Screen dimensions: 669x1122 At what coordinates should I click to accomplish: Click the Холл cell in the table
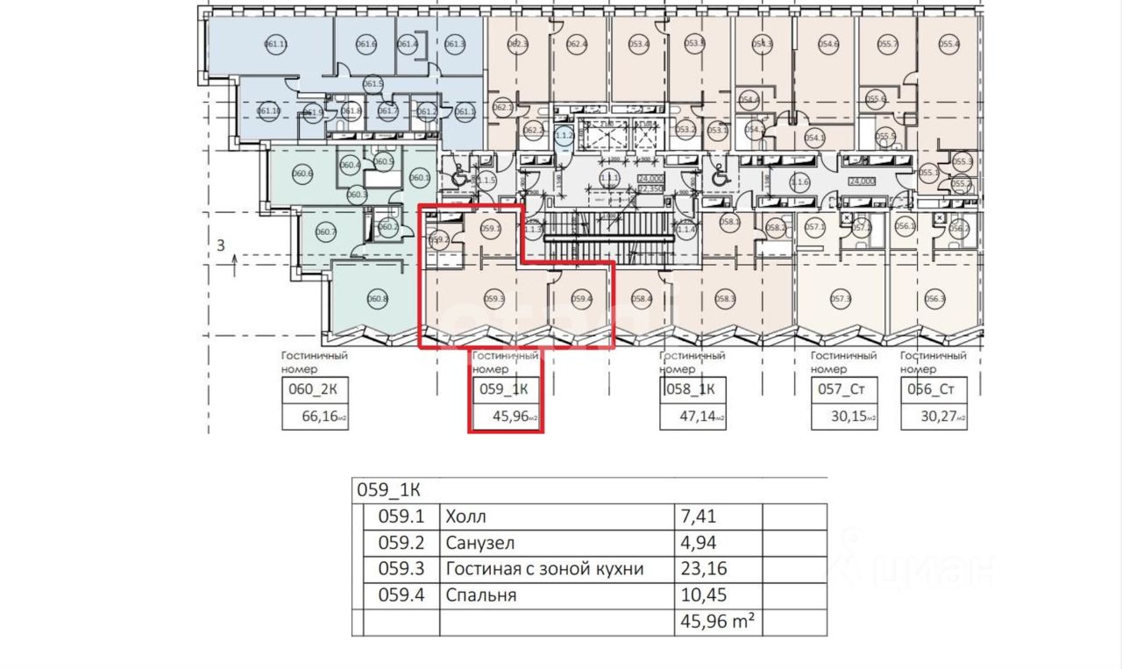[x=465, y=516]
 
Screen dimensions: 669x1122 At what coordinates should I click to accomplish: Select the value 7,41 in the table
[x=698, y=516]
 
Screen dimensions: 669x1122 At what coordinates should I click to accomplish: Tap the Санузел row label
[x=479, y=543]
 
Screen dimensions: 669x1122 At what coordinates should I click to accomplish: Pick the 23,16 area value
[x=703, y=569]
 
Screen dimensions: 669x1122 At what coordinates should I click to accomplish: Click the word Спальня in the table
[x=481, y=595]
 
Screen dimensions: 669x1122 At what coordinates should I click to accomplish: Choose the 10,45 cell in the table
[x=703, y=595]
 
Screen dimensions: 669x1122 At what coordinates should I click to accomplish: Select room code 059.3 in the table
[x=400, y=569]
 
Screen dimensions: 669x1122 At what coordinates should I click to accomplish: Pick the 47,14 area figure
[x=697, y=417]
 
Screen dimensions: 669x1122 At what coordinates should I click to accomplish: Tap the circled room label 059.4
[x=582, y=299]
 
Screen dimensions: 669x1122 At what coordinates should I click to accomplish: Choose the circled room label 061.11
[x=276, y=43]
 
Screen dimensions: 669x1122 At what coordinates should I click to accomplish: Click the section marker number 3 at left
[x=221, y=246]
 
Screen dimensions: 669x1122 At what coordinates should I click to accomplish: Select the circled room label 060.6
[x=303, y=174]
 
